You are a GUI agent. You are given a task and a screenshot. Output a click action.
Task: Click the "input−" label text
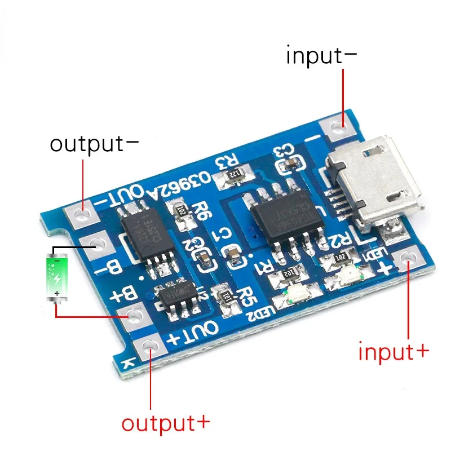tap(321, 56)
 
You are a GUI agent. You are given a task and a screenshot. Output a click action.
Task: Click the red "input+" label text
tap(393, 352)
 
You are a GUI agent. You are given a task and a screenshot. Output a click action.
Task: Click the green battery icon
tap(59, 276)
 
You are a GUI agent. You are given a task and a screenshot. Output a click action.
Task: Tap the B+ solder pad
tap(132, 316)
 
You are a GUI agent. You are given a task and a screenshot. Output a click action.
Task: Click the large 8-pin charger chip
tap(280, 218)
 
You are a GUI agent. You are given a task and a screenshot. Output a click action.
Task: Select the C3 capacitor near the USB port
tap(288, 163)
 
